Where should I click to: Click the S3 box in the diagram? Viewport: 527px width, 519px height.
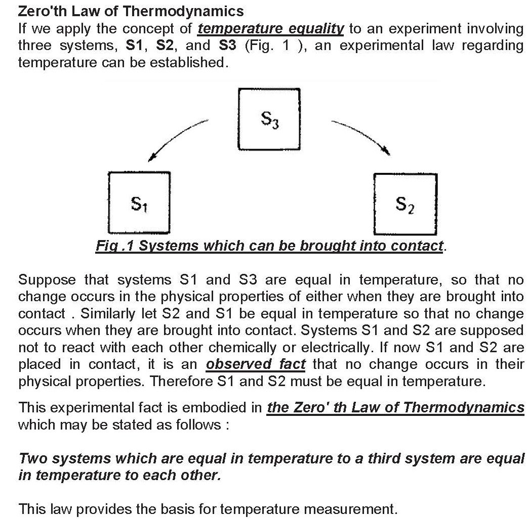tap(269, 119)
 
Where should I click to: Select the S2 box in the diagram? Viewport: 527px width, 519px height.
tap(404, 204)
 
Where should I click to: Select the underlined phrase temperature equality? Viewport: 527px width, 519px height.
tap(270, 28)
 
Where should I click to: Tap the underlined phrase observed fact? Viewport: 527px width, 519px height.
tap(256, 364)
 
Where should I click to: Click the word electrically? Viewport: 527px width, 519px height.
tap(339, 347)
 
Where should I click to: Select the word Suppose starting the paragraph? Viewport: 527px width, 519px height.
tap(47, 279)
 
